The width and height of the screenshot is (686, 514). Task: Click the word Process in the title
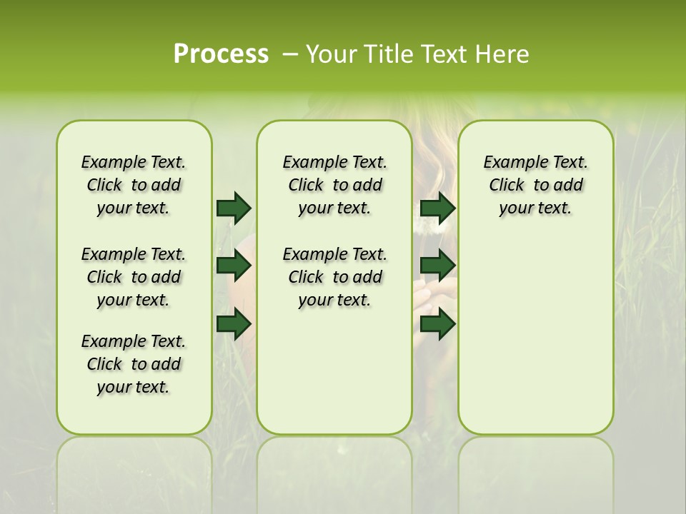click(221, 54)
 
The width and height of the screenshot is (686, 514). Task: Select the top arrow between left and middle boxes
click(234, 208)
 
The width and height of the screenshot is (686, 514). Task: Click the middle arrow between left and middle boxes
click(234, 266)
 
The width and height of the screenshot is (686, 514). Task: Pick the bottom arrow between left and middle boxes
click(234, 323)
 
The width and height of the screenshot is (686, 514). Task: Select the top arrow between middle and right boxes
click(437, 208)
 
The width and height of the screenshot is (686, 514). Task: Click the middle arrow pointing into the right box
click(437, 266)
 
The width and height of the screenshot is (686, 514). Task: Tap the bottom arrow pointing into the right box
click(437, 323)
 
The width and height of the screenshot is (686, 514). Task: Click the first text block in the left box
click(134, 185)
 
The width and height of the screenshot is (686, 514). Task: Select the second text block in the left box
click(134, 277)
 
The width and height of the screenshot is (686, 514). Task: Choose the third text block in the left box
click(134, 364)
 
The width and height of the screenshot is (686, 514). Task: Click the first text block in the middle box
click(334, 185)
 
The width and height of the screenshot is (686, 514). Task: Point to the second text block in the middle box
click(334, 277)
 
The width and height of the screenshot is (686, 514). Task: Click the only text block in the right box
click(535, 185)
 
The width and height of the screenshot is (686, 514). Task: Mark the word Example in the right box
click(511, 162)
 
